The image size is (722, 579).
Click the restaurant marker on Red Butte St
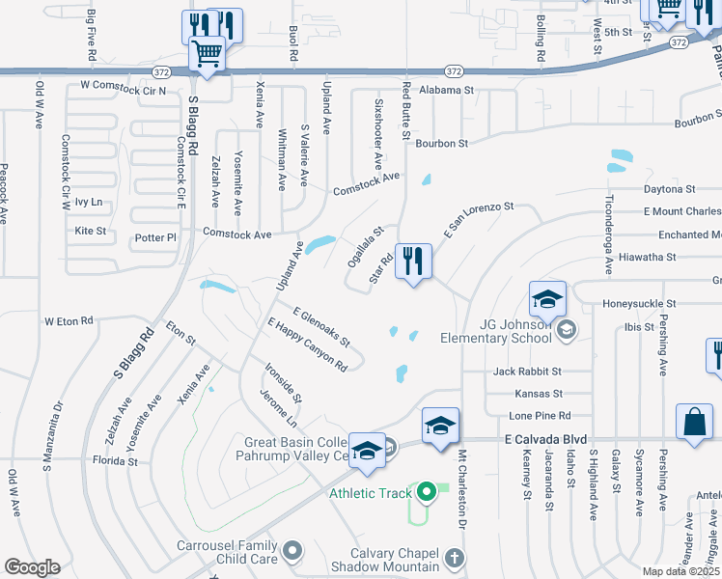coord(413,262)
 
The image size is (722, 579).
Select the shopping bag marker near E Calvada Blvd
coord(695,423)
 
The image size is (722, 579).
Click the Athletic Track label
coord(371,493)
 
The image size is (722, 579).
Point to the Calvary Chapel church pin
coord(455,558)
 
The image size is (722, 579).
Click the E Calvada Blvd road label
coord(545,440)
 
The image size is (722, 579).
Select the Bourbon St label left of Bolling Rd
coord(441,143)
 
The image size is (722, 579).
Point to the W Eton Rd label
coord(69,320)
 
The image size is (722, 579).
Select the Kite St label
coord(90,232)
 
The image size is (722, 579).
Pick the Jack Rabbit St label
coord(527,371)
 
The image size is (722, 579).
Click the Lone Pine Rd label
coord(537,415)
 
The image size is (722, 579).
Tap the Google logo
coord(32,567)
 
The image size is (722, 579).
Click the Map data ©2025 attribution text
coord(680,571)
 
